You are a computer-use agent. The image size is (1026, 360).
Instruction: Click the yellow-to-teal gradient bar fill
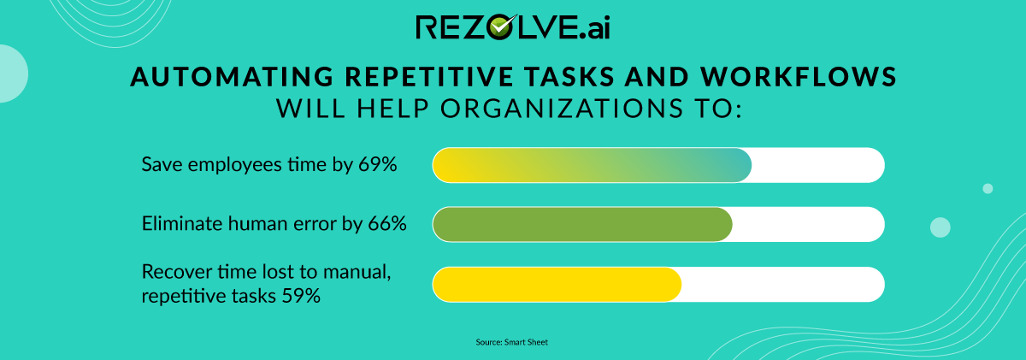tap(591, 165)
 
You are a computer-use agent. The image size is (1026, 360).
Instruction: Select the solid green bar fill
tap(582, 224)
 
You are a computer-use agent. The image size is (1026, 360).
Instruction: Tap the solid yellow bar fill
tap(557, 285)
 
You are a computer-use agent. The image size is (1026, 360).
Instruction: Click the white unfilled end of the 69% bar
tap(817, 165)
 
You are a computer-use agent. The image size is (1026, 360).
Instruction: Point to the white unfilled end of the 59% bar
tap(781, 285)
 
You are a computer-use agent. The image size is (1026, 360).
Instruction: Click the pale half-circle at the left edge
tap(11, 74)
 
